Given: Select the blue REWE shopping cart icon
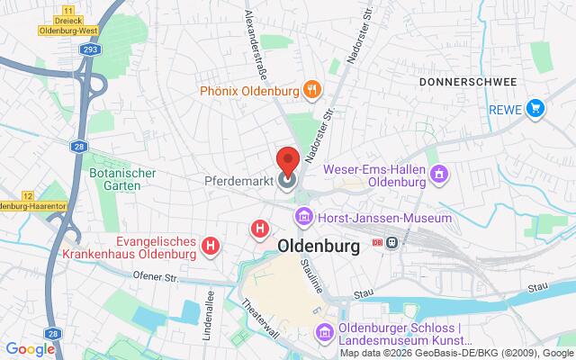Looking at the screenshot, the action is [x=535, y=110].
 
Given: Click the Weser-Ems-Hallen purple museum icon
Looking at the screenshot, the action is [x=440, y=173].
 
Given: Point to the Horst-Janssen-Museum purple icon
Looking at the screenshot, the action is [x=305, y=217].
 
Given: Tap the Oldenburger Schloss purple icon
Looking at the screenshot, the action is [x=321, y=334].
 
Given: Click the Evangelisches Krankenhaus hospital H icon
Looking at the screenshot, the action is [x=211, y=244].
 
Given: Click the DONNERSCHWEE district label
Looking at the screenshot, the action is [x=467, y=82].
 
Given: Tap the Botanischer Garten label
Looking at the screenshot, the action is [x=123, y=180].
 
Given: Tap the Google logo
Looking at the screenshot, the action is [x=30, y=349].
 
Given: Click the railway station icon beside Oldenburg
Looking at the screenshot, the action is [x=392, y=245].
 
